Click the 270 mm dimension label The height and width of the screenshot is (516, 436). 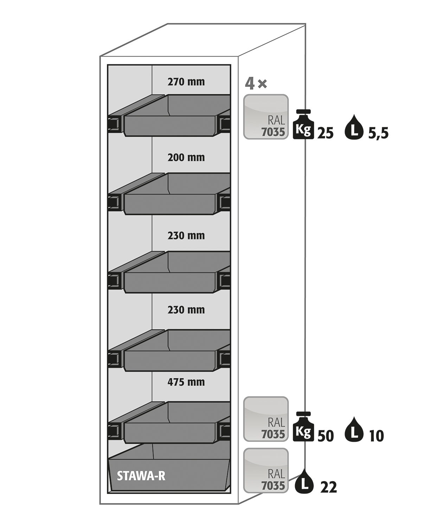(x=186, y=82)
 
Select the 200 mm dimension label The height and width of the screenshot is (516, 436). (x=186, y=157)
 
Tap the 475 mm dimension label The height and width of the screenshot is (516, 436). (x=186, y=382)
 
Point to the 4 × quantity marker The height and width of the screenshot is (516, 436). (x=256, y=84)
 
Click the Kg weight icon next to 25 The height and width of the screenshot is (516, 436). (x=303, y=124)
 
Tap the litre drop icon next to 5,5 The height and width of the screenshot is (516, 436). (x=354, y=127)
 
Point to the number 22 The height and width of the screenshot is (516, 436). (x=329, y=487)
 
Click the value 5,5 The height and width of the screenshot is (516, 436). (x=378, y=134)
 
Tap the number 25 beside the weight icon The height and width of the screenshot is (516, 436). (x=326, y=133)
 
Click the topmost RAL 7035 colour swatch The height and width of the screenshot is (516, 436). (x=266, y=117)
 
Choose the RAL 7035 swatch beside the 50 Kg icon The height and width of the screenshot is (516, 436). (x=266, y=419)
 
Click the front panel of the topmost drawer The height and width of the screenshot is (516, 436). (x=169, y=126)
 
